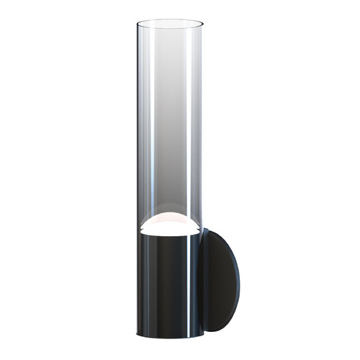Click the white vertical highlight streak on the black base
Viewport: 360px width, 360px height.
189,288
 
